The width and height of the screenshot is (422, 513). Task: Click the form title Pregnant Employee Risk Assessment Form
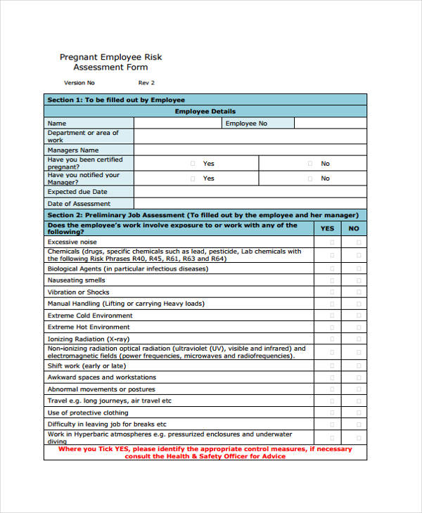(110, 62)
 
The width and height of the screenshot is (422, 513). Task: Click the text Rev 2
(146, 83)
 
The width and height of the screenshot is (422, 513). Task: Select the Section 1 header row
(205, 100)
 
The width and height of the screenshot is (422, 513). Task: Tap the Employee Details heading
(205, 111)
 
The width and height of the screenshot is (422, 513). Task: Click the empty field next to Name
(177, 123)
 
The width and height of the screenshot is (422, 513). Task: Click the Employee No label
(246, 123)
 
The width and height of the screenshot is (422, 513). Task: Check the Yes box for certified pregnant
(193, 163)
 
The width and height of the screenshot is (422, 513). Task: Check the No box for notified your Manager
(310, 178)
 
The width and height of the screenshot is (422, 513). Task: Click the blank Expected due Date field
(250, 191)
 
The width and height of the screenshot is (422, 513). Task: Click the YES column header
(328, 228)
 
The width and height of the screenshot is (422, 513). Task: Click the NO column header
(354, 228)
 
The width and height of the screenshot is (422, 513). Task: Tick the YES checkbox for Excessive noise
(333, 242)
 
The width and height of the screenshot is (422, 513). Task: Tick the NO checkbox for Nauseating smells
(359, 280)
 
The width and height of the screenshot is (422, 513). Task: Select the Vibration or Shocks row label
(78, 292)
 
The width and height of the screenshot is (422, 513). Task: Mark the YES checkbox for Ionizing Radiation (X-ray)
(333, 339)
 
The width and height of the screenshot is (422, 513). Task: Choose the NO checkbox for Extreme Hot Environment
(359, 327)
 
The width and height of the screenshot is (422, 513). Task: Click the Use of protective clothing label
(88, 413)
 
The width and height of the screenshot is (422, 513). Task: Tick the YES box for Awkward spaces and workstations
(333, 377)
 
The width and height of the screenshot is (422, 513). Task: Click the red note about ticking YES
(205, 452)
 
